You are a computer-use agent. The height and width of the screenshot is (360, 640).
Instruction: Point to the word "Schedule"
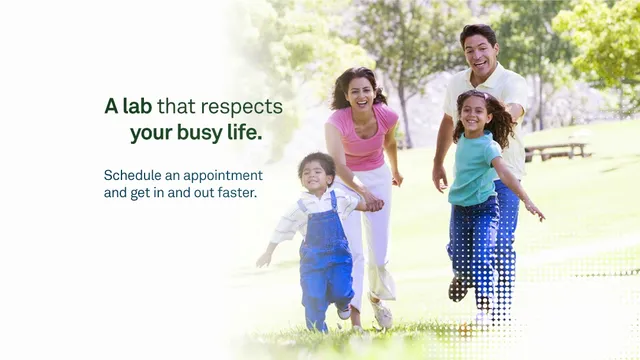134,175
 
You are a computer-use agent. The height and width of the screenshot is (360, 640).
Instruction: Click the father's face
481,50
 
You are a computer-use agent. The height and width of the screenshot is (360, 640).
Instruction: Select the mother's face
360,91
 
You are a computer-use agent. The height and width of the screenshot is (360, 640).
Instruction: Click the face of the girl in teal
474,114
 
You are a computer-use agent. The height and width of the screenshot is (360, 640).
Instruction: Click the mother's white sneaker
382,315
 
